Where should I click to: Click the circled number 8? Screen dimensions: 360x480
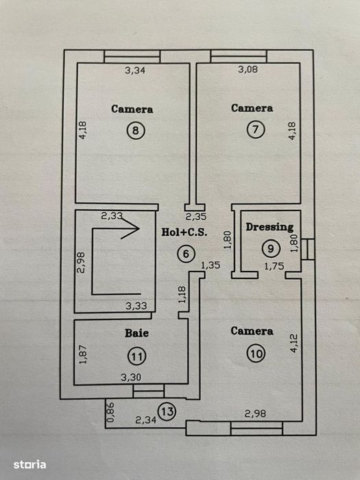(136, 130)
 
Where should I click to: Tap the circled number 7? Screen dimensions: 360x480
(255, 129)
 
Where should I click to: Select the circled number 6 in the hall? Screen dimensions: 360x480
(186, 254)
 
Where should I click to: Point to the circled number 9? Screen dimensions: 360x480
(271, 248)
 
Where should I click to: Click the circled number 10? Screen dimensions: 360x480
(256, 354)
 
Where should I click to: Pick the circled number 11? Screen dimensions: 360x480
(137, 357)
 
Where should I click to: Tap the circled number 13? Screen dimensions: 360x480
(167, 411)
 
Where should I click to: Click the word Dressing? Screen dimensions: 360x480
(269, 227)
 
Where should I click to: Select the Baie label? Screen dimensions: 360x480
(137, 333)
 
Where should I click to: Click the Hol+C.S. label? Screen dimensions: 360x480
(184, 232)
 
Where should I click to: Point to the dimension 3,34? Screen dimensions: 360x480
(135, 71)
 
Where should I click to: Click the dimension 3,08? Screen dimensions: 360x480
(248, 69)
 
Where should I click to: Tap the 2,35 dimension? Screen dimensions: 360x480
(196, 217)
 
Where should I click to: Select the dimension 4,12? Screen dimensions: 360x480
(293, 343)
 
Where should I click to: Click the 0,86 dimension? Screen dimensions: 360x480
(110, 412)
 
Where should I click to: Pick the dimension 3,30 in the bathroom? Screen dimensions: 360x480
(131, 377)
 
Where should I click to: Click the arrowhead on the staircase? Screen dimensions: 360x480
(132, 228)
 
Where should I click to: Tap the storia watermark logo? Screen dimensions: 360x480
(29, 465)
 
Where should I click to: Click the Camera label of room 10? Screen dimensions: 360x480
(252, 331)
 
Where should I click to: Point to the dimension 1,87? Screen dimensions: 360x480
(83, 355)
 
